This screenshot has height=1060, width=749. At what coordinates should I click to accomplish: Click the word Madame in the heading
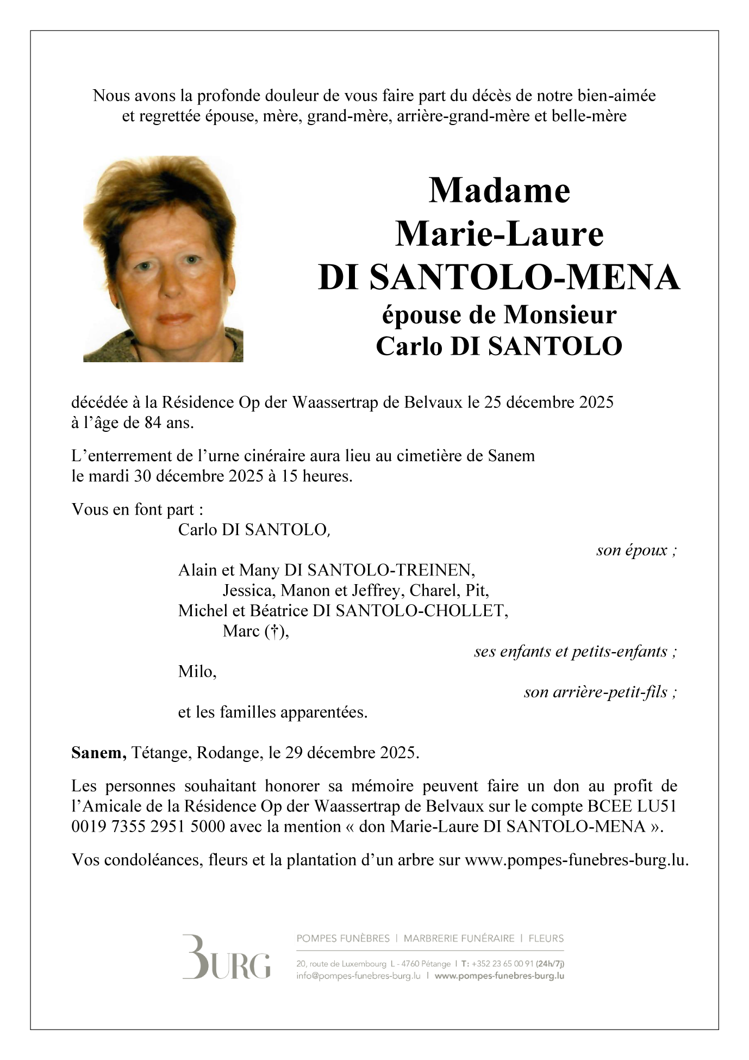499,191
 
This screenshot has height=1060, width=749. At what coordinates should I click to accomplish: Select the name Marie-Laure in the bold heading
499,234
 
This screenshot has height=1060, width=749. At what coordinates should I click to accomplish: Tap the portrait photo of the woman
163,259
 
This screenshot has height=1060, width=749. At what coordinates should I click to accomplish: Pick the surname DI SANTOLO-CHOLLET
410,611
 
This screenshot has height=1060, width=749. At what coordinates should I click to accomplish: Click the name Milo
197,672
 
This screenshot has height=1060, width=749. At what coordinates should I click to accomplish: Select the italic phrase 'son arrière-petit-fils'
600,692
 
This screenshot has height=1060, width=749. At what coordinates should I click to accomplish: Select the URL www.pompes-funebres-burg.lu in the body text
577,860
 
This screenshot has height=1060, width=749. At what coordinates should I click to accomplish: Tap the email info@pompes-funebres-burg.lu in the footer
358,976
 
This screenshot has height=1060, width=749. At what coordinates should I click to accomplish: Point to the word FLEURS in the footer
546,938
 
